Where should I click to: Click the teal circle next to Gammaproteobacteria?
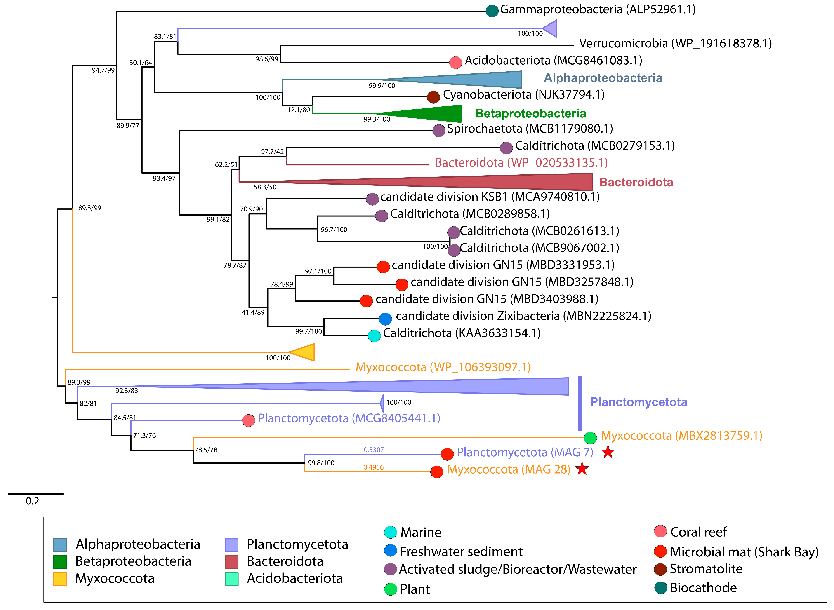(492, 11)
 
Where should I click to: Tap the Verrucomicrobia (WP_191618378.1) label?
(675, 44)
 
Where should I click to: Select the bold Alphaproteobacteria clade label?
(603, 78)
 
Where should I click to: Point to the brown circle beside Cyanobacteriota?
(433, 97)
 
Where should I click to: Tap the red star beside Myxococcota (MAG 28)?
(582, 469)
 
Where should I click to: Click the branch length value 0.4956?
(373, 467)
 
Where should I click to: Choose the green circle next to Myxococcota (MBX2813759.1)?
(590, 438)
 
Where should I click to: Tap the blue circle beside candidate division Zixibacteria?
(385, 319)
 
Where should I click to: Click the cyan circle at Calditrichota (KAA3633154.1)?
(374, 336)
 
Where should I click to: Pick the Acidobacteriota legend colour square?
(232, 579)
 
